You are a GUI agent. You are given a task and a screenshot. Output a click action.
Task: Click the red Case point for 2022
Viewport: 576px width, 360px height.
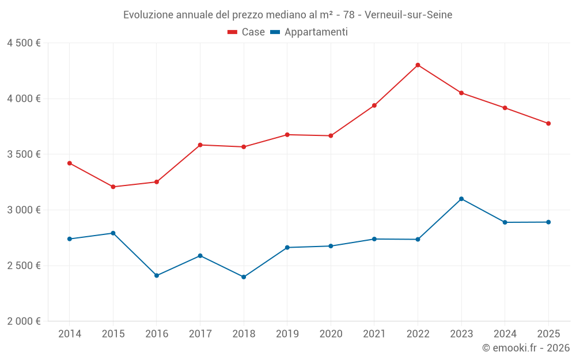click(418, 65)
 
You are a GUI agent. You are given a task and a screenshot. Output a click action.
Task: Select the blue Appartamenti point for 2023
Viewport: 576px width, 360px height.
click(461, 199)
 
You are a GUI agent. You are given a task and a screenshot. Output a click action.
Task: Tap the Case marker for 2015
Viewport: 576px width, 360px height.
click(113, 187)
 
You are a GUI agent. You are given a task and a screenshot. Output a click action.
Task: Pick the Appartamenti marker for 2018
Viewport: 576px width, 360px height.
click(244, 277)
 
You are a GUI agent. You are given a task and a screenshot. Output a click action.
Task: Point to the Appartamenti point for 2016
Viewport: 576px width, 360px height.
click(157, 275)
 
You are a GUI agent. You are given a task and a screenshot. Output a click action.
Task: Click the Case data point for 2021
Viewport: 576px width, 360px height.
click(374, 105)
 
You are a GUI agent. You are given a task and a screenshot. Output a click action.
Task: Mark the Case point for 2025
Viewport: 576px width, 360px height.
click(548, 123)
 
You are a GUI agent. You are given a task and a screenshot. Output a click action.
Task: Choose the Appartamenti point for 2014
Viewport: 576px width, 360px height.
click(70, 239)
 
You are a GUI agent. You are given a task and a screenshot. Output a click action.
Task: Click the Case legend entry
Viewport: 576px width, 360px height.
click(247, 32)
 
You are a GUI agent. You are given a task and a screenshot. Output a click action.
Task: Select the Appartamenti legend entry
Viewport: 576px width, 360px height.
click(309, 32)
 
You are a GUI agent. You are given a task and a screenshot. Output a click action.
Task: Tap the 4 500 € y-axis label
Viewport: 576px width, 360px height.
click(24, 43)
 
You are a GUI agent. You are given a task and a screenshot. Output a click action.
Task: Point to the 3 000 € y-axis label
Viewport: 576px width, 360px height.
click(24, 210)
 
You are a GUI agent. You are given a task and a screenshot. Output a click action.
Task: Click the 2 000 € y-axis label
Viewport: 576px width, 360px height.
click(24, 321)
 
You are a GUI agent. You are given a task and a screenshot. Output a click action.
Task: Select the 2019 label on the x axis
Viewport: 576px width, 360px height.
click(287, 334)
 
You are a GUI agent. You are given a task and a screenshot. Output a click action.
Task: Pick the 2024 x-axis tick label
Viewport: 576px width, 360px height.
click(505, 334)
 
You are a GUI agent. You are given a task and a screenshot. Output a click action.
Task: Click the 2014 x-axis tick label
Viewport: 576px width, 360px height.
click(70, 334)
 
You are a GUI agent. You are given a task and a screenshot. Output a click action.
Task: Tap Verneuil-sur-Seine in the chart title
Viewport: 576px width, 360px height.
click(408, 14)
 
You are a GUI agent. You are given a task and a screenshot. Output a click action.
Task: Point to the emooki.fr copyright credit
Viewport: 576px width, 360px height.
click(526, 348)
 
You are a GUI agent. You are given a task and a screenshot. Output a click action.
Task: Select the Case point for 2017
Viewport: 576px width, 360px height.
click(200, 145)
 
